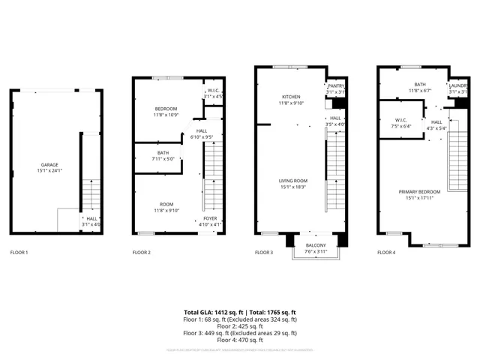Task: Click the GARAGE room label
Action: pyautogui.click(x=49, y=164)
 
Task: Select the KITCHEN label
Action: pyautogui.click(x=290, y=97)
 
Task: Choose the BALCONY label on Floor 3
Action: pyautogui.click(x=315, y=245)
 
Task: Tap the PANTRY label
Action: pyautogui.click(x=336, y=86)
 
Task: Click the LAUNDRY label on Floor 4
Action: pyautogui.click(x=458, y=85)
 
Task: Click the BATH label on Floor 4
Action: pyautogui.click(x=419, y=85)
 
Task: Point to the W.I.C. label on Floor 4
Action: pyautogui.click(x=401, y=120)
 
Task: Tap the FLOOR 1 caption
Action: pyautogui.click(x=19, y=253)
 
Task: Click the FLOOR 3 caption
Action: pyautogui.click(x=264, y=253)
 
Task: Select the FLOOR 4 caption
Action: pyautogui.click(x=387, y=253)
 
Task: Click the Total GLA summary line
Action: pyautogui.click(x=240, y=312)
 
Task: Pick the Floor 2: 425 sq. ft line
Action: pyautogui.click(x=240, y=326)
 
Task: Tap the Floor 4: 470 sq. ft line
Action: pyautogui.click(x=240, y=340)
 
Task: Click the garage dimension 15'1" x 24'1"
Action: pyautogui.click(x=49, y=170)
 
